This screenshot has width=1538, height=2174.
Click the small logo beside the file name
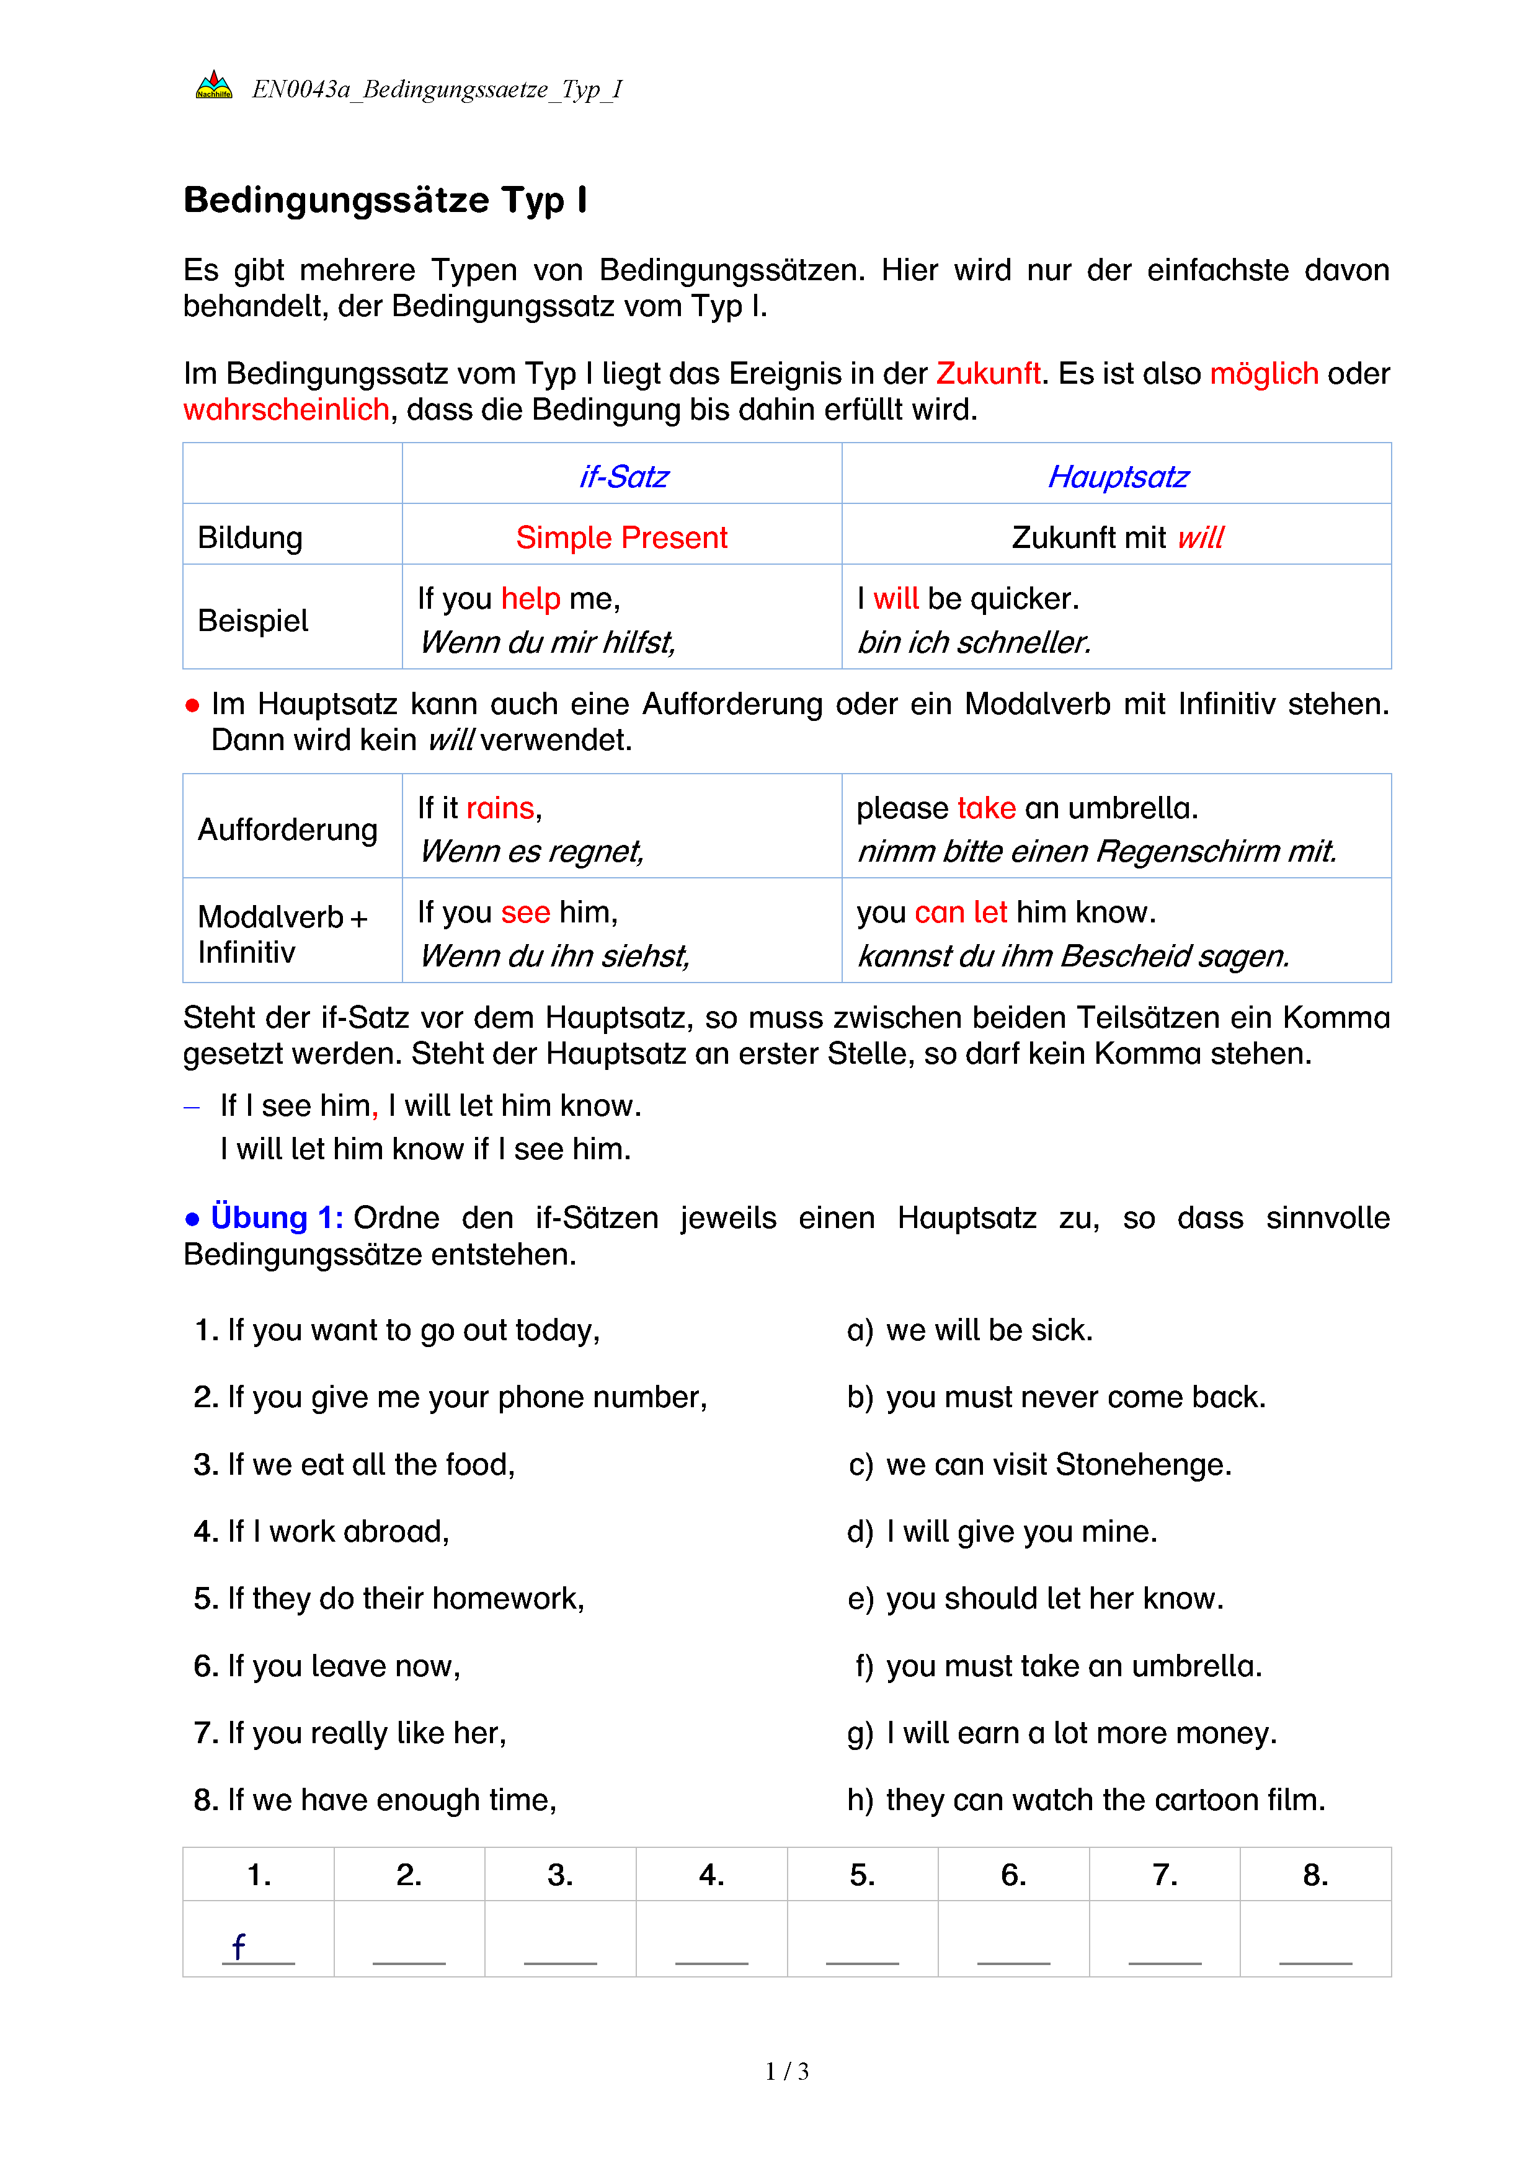[213, 86]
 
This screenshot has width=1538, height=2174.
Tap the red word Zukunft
[988, 373]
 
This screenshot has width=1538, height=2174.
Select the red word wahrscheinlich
[286, 409]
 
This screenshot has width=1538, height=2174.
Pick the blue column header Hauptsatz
[1118, 476]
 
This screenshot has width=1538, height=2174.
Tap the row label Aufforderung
[287, 829]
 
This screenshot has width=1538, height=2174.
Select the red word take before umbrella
[986, 808]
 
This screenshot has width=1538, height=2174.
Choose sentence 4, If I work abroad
[322, 1531]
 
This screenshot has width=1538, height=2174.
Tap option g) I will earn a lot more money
[1062, 1733]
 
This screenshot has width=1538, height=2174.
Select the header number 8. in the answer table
[1315, 1875]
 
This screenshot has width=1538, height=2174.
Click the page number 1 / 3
[787, 2071]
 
